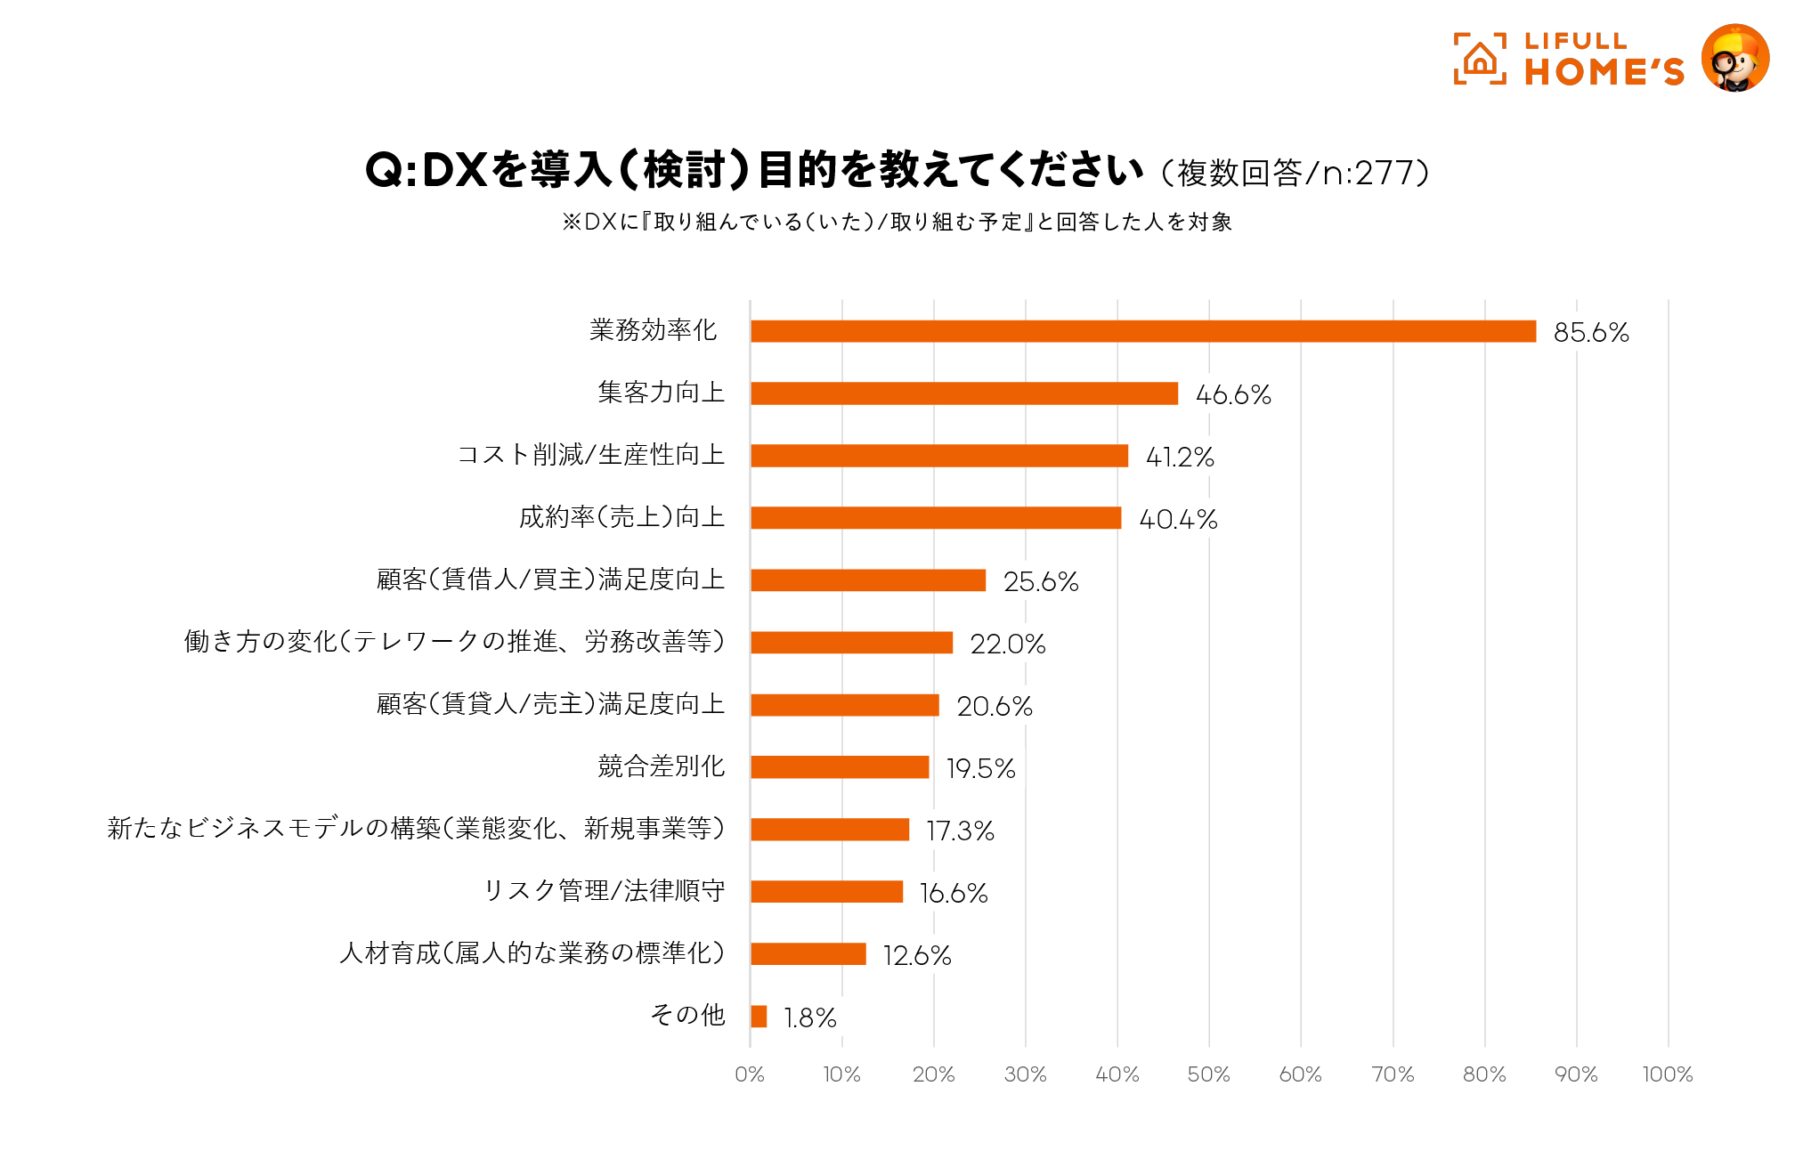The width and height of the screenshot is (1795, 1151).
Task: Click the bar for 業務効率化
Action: coord(1143,331)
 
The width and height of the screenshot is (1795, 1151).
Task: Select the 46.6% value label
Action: coord(1233,394)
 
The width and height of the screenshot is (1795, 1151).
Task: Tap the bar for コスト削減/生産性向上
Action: coord(939,456)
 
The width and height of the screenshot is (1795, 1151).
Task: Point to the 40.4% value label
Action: coord(1178,519)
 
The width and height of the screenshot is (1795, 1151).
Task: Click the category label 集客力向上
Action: coord(661,393)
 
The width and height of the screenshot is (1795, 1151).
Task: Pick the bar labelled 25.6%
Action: coord(868,580)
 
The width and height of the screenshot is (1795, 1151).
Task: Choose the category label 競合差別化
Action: coord(661,766)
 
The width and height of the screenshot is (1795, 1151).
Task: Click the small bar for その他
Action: coord(759,1017)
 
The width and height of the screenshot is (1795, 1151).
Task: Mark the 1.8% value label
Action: coord(809,1017)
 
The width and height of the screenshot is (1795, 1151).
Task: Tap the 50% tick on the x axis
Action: coord(1208,1074)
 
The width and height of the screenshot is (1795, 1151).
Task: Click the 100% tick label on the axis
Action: coord(1667,1074)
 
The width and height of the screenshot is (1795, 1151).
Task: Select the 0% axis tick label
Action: coord(750,1074)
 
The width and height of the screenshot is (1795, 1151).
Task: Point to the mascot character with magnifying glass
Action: coord(1734,59)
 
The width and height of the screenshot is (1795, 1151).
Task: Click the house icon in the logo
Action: coord(1480,59)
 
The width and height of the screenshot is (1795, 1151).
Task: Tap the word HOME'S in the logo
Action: coord(1604,72)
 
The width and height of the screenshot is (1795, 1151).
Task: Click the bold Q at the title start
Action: coord(384,170)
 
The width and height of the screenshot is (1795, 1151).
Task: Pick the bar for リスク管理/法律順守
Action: coord(826,892)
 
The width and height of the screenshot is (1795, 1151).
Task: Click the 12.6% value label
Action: coord(916,955)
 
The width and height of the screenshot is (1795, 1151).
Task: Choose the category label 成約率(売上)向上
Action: coord(621,517)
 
